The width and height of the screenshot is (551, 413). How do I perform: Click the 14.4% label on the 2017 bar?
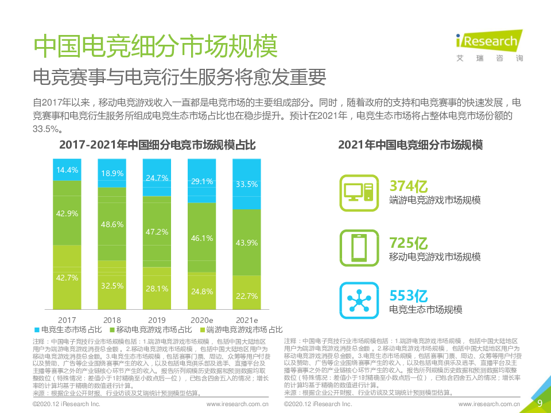[x=67, y=170]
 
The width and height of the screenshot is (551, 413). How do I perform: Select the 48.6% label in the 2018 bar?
[x=112, y=225]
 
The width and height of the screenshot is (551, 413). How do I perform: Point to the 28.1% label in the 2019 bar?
[x=156, y=289]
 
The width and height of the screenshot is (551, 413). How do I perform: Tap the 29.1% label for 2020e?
[x=201, y=181]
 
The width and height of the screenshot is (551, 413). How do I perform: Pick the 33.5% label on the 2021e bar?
[x=246, y=184]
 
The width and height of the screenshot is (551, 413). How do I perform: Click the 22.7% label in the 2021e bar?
[x=246, y=296]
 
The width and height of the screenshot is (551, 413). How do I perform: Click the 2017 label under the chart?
[x=67, y=320]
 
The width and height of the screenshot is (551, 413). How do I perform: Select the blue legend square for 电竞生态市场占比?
[x=37, y=330]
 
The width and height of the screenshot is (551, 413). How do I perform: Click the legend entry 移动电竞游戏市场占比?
[x=150, y=330]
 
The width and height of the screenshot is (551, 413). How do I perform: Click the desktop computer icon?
[x=358, y=190]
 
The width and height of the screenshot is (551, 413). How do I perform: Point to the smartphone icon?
[x=358, y=247]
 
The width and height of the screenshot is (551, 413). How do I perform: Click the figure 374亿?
[x=409, y=186]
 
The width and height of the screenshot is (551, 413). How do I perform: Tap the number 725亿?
[x=409, y=243]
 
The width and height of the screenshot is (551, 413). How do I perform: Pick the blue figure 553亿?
[x=409, y=296]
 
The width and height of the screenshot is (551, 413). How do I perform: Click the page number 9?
[x=540, y=403]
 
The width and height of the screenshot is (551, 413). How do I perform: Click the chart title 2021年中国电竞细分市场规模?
[x=410, y=145]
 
